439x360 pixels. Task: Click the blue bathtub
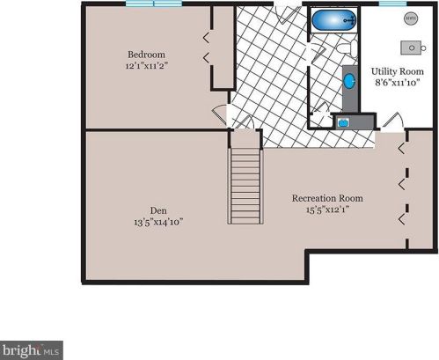pyautogui.click(x=333, y=19)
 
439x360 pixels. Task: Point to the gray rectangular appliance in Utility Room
pyautogui.click(x=411, y=46)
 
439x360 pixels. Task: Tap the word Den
pyautogui.click(x=158, y=210)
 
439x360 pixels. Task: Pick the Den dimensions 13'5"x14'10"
pyautogui.click(x=158, y=223)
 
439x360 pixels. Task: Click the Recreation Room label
pyautogui.click(x=327, y=198)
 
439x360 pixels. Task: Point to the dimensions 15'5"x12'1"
pyautogui.click(x=327, y=210)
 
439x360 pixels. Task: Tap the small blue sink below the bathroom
pyautogui.click(x=343, y=121)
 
